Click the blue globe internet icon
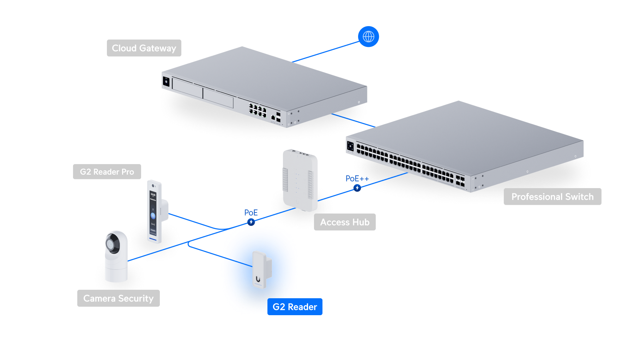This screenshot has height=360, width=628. coord(368,37)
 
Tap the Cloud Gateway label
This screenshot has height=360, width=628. coord(144,48)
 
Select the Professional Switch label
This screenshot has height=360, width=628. coord(552,197)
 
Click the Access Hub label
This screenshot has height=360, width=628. coord(345,222)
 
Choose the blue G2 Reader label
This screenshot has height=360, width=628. coord(295,307)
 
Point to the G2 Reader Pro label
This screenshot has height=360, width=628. coord(107,172)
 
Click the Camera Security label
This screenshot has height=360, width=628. coord(119,298)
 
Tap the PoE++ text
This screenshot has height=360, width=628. coord(357,179)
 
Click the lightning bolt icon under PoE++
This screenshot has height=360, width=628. coord(357,188)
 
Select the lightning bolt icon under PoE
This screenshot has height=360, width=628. coord(251,222)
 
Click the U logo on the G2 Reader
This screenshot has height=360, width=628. coord(258,279)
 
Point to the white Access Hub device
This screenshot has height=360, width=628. coord(300,180)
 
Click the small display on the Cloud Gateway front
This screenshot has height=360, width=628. coord(166,82)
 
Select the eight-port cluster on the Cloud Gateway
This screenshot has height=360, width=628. coord(258,110)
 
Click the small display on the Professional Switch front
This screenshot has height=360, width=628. coord(350,146)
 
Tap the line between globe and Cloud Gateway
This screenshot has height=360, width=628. coord(326,52)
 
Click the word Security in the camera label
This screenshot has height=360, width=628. coord(136,299)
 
